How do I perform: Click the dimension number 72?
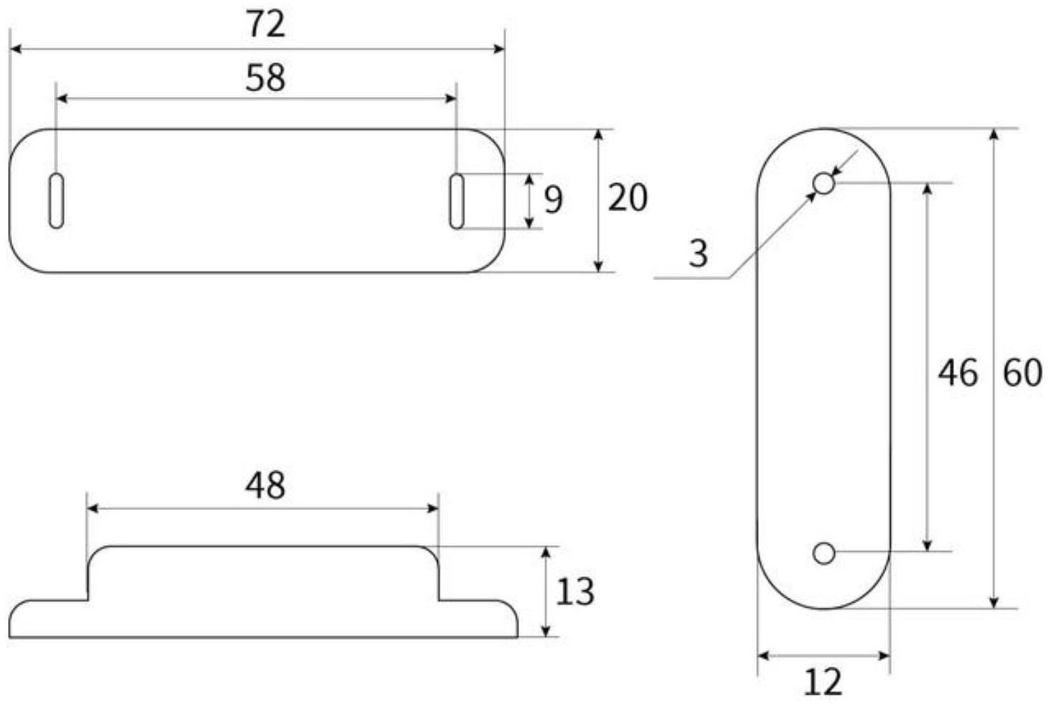click(x=266, y=24)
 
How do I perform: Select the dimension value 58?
click(x=266, y=78)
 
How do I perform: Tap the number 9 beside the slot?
click(x=553, y=200)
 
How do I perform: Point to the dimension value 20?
click(x=627, y=198)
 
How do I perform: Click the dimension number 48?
click(x=266, y=486)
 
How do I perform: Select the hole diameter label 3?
click(x=698, y=254)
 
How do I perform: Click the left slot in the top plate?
click(x=57, y=201)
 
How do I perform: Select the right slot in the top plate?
click(x=457, y=201)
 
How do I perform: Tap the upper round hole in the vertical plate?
click(x=824, y=184)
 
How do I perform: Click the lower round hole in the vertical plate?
click(x=824, y=553)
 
